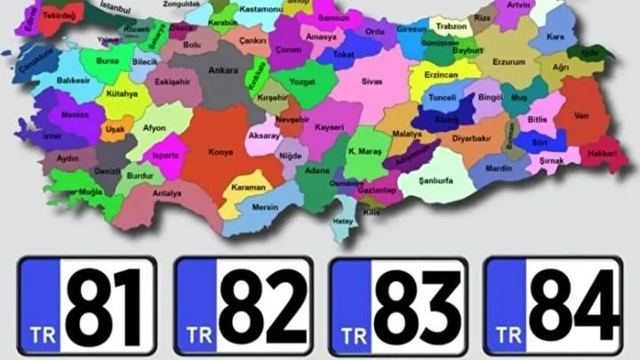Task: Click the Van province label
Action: [581, 115]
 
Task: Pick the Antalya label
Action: [166, 193]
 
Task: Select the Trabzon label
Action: [452, 27]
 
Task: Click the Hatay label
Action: [342, 221]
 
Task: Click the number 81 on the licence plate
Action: [104, 307]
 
